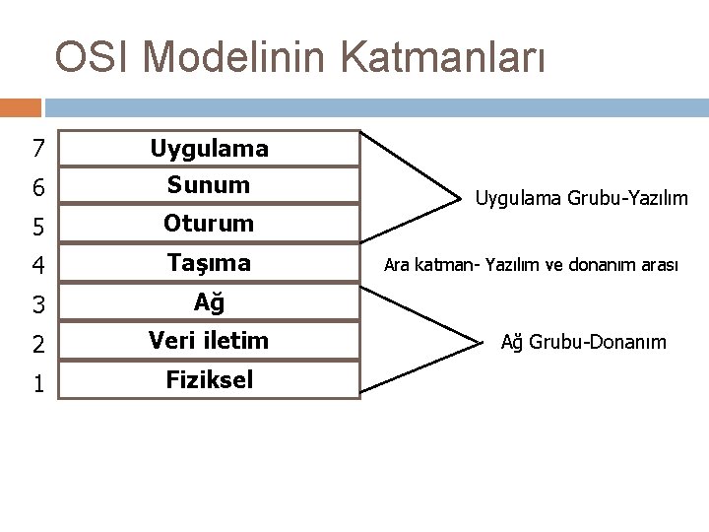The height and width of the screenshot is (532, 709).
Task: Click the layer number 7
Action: click(37, 150)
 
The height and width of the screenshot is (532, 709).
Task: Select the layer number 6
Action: click(37, 187)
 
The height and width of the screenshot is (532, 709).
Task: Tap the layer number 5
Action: click(37, 226)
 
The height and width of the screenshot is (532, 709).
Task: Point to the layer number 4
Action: click(37, 265)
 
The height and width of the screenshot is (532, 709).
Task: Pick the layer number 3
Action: click(37, 304)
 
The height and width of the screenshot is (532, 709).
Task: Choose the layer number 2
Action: click(37, 343)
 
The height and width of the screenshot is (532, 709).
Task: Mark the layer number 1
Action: click(37, 381)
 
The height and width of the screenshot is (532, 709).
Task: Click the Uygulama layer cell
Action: click(209, 149)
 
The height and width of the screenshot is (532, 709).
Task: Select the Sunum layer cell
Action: click(209, 184)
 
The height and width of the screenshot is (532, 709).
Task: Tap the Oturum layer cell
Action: click(209, 224)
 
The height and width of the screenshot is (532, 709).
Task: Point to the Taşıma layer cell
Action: click(209, 263)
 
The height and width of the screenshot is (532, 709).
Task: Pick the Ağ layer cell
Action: click(209, 302)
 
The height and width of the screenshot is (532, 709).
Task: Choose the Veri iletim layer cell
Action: click(209, 341)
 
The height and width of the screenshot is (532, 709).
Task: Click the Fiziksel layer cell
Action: click(209, 379)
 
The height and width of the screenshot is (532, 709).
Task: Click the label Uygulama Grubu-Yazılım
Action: click(581, 199)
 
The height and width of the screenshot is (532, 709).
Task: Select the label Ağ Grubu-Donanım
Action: click(583, 343)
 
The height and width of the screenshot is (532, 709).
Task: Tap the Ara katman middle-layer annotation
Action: click(531, 265)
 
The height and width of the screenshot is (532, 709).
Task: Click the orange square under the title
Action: click(21, 107)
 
